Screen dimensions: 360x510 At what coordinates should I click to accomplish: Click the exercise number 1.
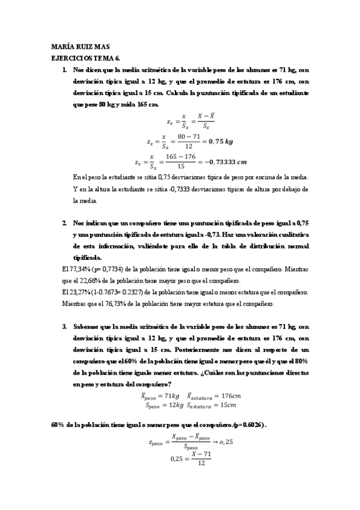point(65,70)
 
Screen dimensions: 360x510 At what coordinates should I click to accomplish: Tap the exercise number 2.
point(64,223)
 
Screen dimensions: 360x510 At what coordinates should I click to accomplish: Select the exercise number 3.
point(64,327)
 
